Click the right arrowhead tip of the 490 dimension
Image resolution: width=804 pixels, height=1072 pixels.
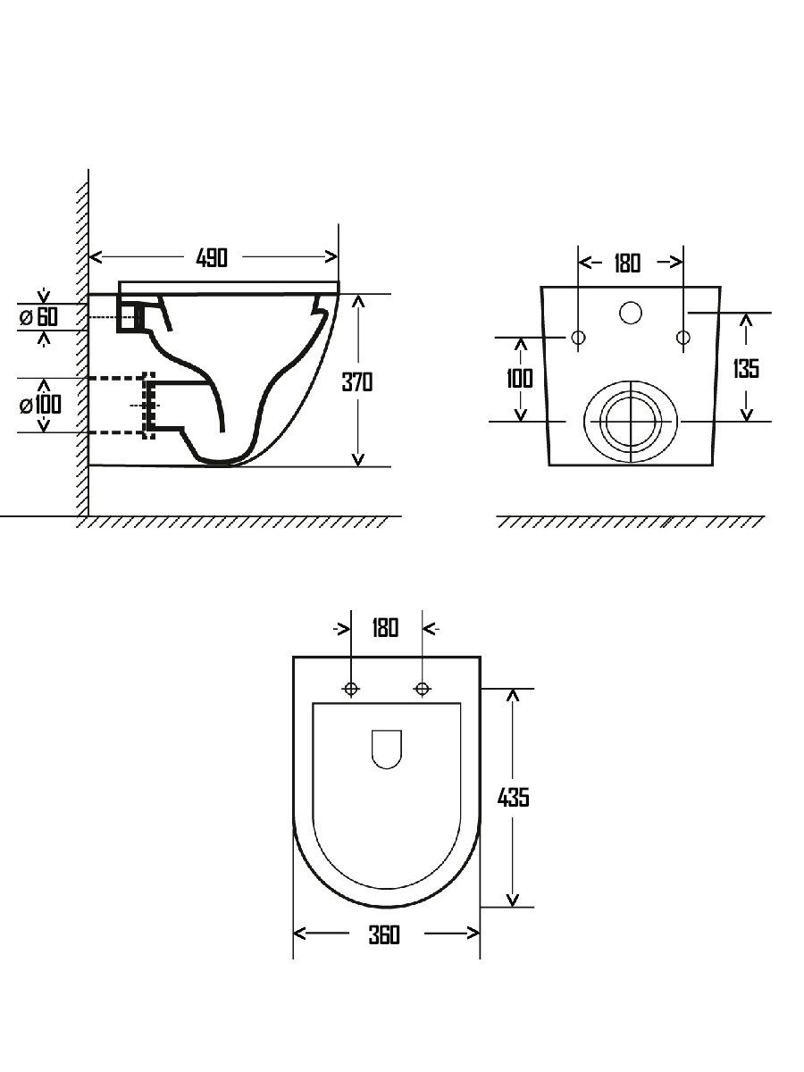pyautogui.click(x=338, y=256)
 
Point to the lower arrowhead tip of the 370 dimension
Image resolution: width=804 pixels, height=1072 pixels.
pyautogui.click(x=358, y=466)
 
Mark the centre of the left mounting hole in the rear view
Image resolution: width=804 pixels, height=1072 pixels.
pyautogui.click(x=579, y=337)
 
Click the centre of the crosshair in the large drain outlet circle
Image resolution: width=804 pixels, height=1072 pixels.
pyautogui.click(x=632, y=421)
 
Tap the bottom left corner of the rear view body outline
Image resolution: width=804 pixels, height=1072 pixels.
pyautogui.click(x=549, y=465)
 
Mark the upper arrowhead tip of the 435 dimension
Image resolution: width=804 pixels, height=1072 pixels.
pyautogui.click(x=513, y=689)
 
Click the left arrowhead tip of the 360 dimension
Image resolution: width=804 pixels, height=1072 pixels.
pyautogui.click(x=294, y=934)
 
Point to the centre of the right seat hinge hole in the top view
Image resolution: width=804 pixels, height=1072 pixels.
pyautogui.click(x=423, y=689)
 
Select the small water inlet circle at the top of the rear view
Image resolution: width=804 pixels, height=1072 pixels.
pyautogui.click(x=631, y=313)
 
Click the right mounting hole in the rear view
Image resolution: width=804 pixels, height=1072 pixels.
pyautogui.click(x=683, y=337)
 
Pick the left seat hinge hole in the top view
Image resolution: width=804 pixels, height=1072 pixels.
pyautogui.click(x=351, y=689)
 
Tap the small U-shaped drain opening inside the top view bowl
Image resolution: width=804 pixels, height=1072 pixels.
pyautogui.click(x=387, y=750)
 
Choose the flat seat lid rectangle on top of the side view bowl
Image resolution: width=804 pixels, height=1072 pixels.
pyautogui.click(x=229, y=287)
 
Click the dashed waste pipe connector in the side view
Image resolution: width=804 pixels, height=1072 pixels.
pyautogui.click(x=149, y=406)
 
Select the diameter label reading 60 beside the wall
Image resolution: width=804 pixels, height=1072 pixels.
pyautogui.click(x=38, y=317)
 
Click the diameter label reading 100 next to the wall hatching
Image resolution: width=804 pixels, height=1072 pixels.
pyautogui.click(x=40, y=405)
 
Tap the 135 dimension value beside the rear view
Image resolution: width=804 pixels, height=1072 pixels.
pyautogui.click(x=746, y=368)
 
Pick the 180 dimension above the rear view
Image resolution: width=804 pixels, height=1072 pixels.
pyautogui.click(x=627, y=264)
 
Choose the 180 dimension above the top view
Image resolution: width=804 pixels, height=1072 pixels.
pyautogui.click(x=385, y=628)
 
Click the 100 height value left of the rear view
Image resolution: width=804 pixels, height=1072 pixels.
pyautogui.click(x=520, y=379)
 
